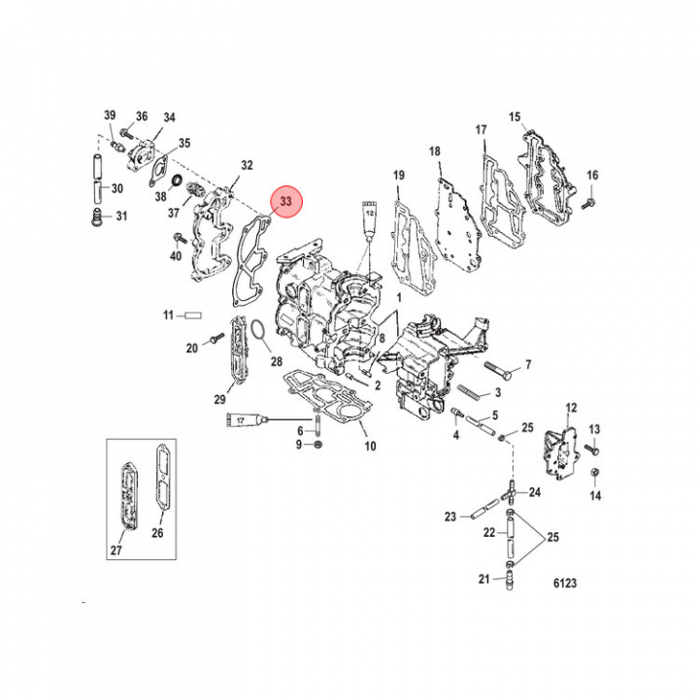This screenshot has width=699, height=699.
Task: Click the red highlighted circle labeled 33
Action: (286, 202)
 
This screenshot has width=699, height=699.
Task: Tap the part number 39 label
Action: (110, 116)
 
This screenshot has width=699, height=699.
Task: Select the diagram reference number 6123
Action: (565, 584)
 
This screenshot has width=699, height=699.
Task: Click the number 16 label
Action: (592, 175)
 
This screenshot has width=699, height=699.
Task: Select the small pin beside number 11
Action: (191, 316)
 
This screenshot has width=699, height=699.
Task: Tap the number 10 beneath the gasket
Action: (370, 447)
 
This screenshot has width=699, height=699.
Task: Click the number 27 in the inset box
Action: (117, 551)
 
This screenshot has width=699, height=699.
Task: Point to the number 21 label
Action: (483, 580)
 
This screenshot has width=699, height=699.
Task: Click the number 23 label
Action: (450, 516)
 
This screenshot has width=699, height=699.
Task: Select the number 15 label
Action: (516, 116)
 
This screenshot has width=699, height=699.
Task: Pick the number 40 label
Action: (176, 256)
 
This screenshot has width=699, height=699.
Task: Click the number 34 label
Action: (169, 117)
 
